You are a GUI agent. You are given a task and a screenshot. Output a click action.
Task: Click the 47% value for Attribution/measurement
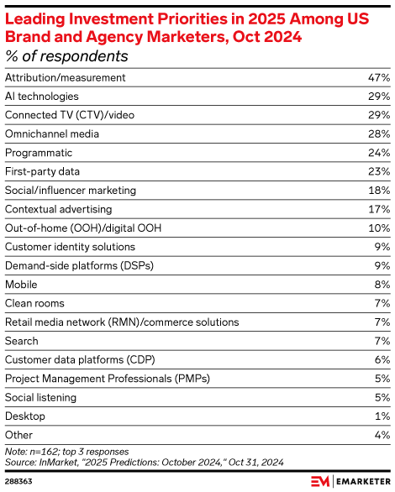pyautogui.click(x=378, y=77)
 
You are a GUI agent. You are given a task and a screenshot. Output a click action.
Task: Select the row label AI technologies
pyautogui.click(x=42, y=97)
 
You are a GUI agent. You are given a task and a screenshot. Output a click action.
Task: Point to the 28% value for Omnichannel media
pyautogui.click(x=378, y=133)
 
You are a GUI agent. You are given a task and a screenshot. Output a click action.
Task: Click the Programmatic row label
pyautogui.click(x=39, y=153)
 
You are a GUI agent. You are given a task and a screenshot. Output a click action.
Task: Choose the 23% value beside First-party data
pyautogui.click(x=378, y=171)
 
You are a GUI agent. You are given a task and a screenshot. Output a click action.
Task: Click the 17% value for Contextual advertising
pyautogui.click(x=379, y=209)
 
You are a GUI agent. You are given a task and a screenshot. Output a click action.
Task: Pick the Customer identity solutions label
pyautogui.click(x=70, y=247)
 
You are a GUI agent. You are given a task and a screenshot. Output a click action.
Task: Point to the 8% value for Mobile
pyautogui.click(x=382, y=285)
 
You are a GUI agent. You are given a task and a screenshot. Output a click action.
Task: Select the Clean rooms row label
pyautogui.click(x=34, y=303)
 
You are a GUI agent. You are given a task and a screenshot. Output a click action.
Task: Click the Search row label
pyautogui.click(x=22, y=341)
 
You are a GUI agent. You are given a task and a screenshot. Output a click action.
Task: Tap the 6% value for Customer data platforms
pyautogui.click(x=382, y=359)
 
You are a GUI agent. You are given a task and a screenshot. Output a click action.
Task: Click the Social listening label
pyautogui.click(x=40, y=397)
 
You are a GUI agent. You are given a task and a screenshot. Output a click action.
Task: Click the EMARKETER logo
pyautogui.click(x=349, y=480)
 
